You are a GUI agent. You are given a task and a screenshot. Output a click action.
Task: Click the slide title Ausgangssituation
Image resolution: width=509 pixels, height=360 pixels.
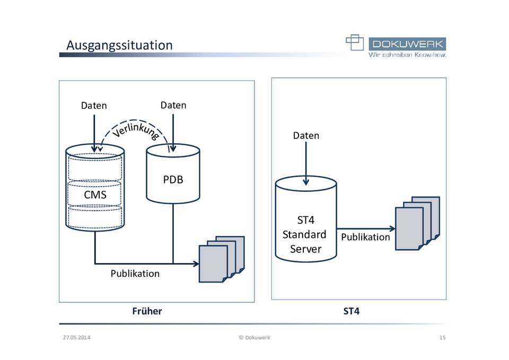click(119, 45)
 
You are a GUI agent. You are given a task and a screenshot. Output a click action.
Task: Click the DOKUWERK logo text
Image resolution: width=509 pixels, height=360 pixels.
click(408, 43)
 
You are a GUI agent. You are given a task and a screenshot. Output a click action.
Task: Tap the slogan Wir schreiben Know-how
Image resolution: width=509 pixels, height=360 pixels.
click(407, 55)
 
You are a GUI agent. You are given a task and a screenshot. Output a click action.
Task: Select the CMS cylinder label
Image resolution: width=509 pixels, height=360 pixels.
click(95, 195)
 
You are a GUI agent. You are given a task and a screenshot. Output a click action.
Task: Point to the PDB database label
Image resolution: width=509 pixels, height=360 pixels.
click(173, 180)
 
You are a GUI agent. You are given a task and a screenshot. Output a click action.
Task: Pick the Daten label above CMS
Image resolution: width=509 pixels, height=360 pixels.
click(94, 106)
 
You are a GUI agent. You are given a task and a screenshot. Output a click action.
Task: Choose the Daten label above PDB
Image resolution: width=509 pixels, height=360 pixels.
click(173, 105)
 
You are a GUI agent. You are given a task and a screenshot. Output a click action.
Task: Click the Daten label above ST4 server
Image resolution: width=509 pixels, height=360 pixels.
click(306, 136)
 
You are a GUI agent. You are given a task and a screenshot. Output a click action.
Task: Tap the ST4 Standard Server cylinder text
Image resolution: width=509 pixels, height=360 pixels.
click(305, 234)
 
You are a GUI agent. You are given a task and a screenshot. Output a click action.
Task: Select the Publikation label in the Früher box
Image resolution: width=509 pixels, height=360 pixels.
click(135, 274)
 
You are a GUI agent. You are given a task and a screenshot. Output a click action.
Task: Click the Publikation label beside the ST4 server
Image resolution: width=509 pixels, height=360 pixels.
click(365, 237)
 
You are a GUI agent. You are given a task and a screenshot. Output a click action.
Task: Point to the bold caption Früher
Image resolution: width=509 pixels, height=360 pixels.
click(147, 311)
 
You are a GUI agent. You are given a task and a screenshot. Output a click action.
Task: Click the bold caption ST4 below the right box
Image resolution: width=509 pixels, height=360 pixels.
click(352, 311)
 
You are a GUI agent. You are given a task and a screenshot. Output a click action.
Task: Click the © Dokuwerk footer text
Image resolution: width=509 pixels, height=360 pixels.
click(254, 337)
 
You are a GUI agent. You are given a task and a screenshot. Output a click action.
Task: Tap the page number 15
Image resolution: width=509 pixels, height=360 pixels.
click(442, 337)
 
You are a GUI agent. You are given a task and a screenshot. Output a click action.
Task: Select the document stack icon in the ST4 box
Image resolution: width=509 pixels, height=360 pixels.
click(417, 223)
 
